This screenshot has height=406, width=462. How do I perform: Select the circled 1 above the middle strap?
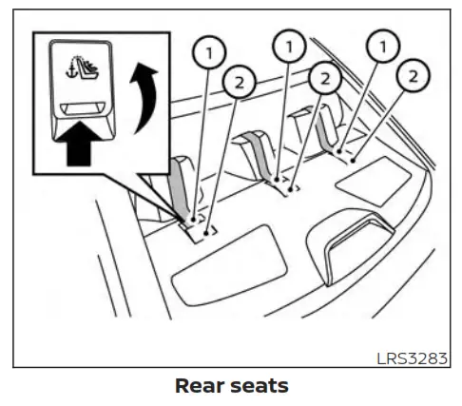tap(290, 44)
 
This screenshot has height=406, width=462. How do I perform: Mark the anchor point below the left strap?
tap(194, 221)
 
